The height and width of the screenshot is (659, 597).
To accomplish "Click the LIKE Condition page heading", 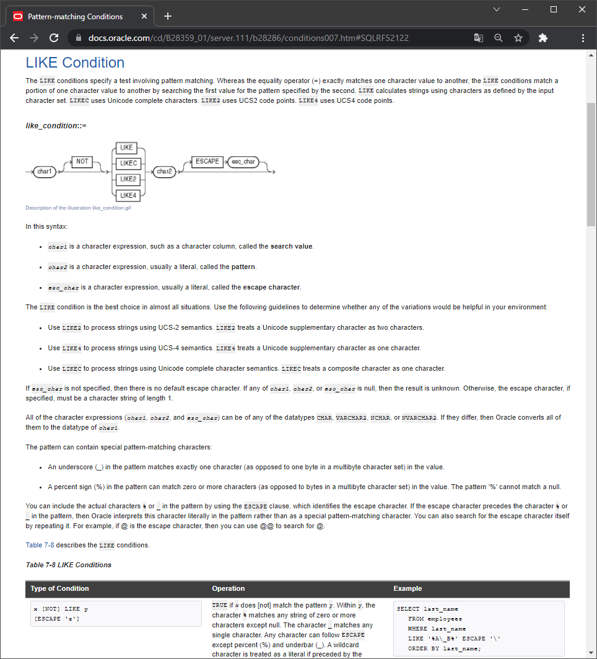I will tap(75, 63).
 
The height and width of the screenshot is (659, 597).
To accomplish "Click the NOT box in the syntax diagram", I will tap(82, 162).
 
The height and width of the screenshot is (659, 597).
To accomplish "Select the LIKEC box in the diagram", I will tap(128, 163).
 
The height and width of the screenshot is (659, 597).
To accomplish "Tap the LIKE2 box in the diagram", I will tap(128, 179).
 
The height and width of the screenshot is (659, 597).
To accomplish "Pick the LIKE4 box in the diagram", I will tap(128, 195).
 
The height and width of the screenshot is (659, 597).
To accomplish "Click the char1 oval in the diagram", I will tap(45, 171).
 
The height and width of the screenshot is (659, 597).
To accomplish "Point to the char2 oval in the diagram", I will tap(164, 171).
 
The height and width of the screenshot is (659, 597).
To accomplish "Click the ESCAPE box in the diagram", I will tap(207, 161).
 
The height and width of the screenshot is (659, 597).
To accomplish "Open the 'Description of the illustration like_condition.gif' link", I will tap(78, 208).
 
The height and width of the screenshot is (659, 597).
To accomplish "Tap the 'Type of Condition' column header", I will tap(59, 588).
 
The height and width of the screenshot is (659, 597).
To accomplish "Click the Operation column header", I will tap(228, 588).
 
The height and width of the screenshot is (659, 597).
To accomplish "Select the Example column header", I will tap(407, 588).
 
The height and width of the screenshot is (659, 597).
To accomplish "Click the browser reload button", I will tap(54, 38).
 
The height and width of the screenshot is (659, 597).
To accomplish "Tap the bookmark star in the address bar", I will tap(518, 38).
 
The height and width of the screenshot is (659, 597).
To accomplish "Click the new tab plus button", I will tap(168, 16).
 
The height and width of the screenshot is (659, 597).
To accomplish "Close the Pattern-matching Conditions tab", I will tap(144, 16).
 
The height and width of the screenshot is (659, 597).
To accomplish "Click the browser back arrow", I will tap(14, 38).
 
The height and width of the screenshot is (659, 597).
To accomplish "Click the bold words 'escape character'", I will tap(271, 288).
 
